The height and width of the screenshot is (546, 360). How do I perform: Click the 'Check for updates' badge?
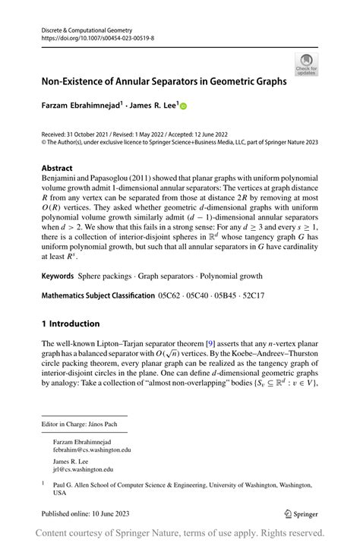(x=307, y=64)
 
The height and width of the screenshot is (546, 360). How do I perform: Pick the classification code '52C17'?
(x=260, y=293)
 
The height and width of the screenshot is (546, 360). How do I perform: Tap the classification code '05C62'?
(x=172, y=293)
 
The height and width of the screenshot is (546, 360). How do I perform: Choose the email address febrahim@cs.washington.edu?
(x=92, y=450)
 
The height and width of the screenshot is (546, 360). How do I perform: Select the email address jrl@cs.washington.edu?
(x=82, y=470)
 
